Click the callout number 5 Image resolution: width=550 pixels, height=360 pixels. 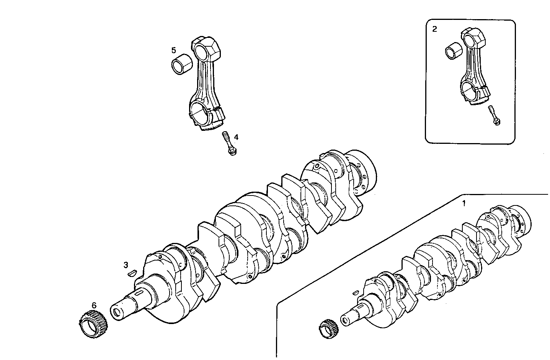[174, 50]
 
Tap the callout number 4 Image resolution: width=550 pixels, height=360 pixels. [236, 137]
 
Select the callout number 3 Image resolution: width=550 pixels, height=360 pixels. [126, 264]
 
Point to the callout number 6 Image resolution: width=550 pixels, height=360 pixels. [94, 305]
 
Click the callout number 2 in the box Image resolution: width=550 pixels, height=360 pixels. [434, 29]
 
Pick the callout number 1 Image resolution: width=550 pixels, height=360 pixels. [464, 204]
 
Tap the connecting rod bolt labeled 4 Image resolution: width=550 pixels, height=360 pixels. [229, 143]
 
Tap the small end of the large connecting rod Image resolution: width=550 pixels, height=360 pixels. [204, 49]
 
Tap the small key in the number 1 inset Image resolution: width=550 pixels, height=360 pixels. [355, 292]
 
